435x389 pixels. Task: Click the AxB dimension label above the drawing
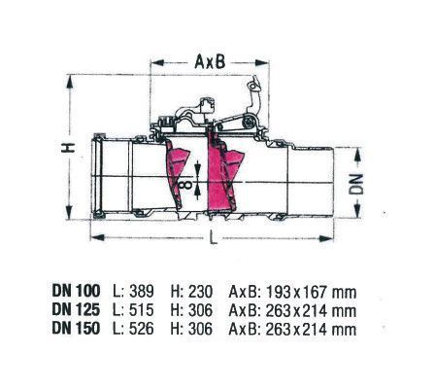pyautogui.click(x=210, y=61)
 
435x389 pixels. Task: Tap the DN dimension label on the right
pyautogui.click(x=356, y=184)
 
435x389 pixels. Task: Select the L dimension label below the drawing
pyautogui.click(x=214, y=237)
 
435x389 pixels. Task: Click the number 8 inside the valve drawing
pyautogui.click(x=184, y=185)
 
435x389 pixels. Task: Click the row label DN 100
pyautogui.click(x=76, y=291)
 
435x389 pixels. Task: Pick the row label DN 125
pyautogui.click(x=76, y=310)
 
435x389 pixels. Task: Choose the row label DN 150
pyautogui.click(x=76, y=329)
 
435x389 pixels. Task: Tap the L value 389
pyautogui.click(x=142, y=292)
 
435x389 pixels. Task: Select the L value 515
pyautogui.click(x=142, y=310)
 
